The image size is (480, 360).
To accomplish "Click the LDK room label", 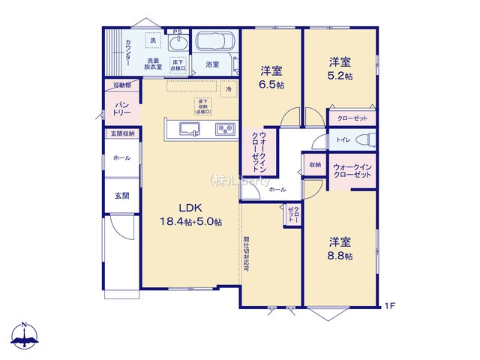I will pyautogui.click(x=190, y=208).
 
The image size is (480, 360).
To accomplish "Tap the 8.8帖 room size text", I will pyautogui.click(x=342, y=256).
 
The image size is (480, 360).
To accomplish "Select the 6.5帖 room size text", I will pyautogui.click(x=271, y=85).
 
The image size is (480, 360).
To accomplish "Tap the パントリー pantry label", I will pyautogui.click(x=121, y=108).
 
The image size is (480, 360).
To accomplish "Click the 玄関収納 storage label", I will pyautogui.click(x=122, y=134).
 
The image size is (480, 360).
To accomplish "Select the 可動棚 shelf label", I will pyautogui.click(x=121, y=85).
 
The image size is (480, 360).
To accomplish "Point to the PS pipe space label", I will pyautogui.click(x=177, y=31).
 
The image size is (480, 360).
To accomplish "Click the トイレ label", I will pyautogui.click(x=341, y=139).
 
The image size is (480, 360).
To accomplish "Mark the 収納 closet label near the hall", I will pyautogui.click(x=313, y=163).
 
